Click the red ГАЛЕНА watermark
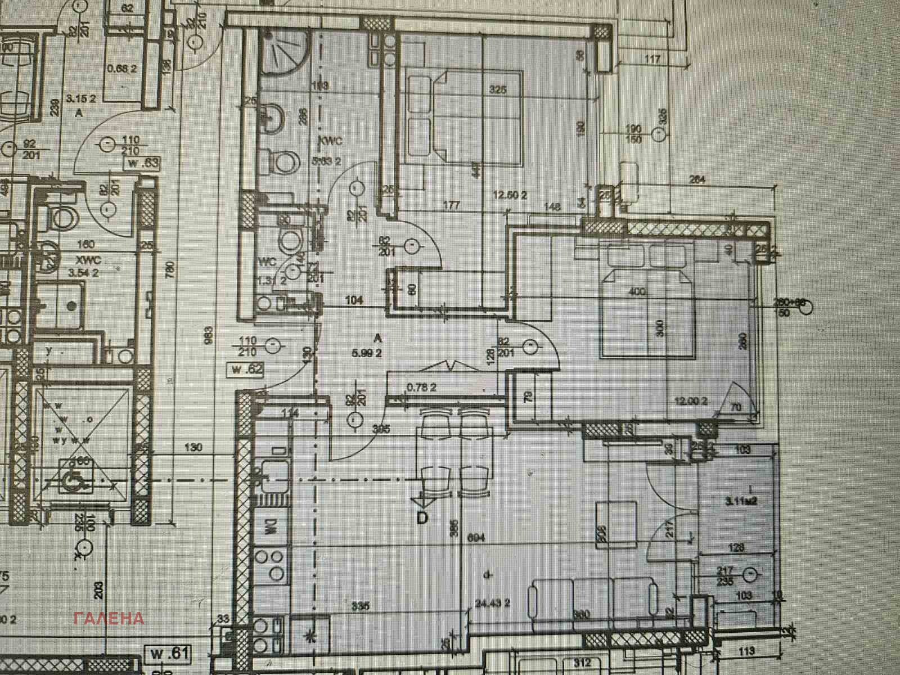pyautogui.click(x=109, y=618)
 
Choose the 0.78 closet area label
pyautogui.click(x=422, y=388)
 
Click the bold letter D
pyautogui.click(x=422, y=517)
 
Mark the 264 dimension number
pyautogui.click(x=697, y=181)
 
